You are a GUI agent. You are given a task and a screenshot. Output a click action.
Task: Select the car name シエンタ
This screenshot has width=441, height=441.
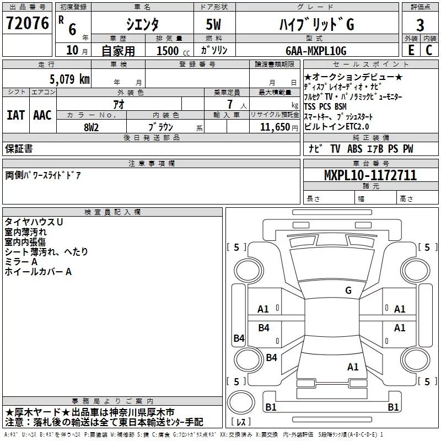[142, 25]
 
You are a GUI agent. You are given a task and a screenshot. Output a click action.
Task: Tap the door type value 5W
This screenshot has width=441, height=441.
[214, 25]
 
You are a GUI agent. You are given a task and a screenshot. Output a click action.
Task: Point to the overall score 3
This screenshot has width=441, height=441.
[420, 25]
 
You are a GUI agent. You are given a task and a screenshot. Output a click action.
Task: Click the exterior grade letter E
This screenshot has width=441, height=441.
[411, 50]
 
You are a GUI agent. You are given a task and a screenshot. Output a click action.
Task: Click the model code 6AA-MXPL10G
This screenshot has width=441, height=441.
[316, 51]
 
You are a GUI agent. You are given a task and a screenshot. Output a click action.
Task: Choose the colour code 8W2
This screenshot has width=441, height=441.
[92, 127]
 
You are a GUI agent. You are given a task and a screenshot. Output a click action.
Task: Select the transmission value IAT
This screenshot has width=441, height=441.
[15, 115]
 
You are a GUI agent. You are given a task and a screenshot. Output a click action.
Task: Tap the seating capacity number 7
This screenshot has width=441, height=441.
[228, 105]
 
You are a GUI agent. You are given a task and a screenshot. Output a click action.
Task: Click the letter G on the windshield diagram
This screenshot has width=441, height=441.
[348, 291]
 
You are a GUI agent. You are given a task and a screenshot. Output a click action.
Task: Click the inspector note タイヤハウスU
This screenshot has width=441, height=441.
[34, 222]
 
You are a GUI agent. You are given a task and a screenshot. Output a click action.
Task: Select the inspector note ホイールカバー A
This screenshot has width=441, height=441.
[39, 272]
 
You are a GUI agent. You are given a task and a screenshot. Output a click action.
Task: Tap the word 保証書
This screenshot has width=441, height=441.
[19, 149]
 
